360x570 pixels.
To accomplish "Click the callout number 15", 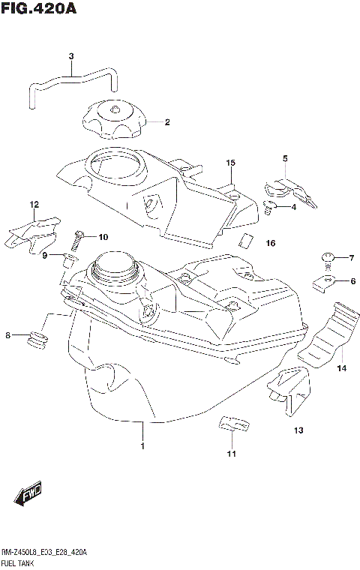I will [x=231, y=163].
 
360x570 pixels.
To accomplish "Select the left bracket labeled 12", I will [x=31, y=232].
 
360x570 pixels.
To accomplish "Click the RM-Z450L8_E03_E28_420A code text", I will [x=45, y=552].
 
